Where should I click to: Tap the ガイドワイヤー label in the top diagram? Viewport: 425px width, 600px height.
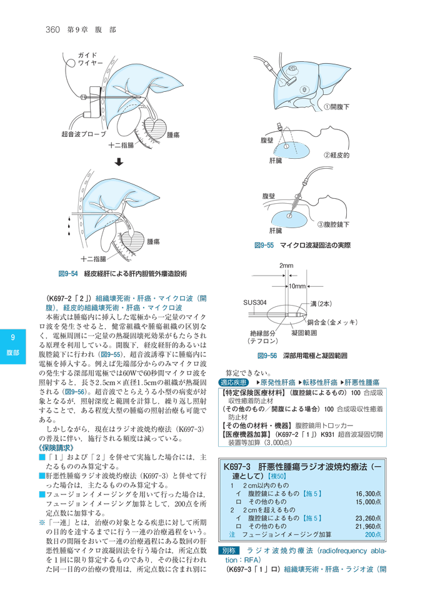pos(89,60)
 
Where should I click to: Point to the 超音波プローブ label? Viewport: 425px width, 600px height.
pos(82,134)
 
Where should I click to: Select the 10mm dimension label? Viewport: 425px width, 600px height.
pos(296,286)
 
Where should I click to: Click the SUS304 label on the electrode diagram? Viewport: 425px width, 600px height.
pos(256,302)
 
